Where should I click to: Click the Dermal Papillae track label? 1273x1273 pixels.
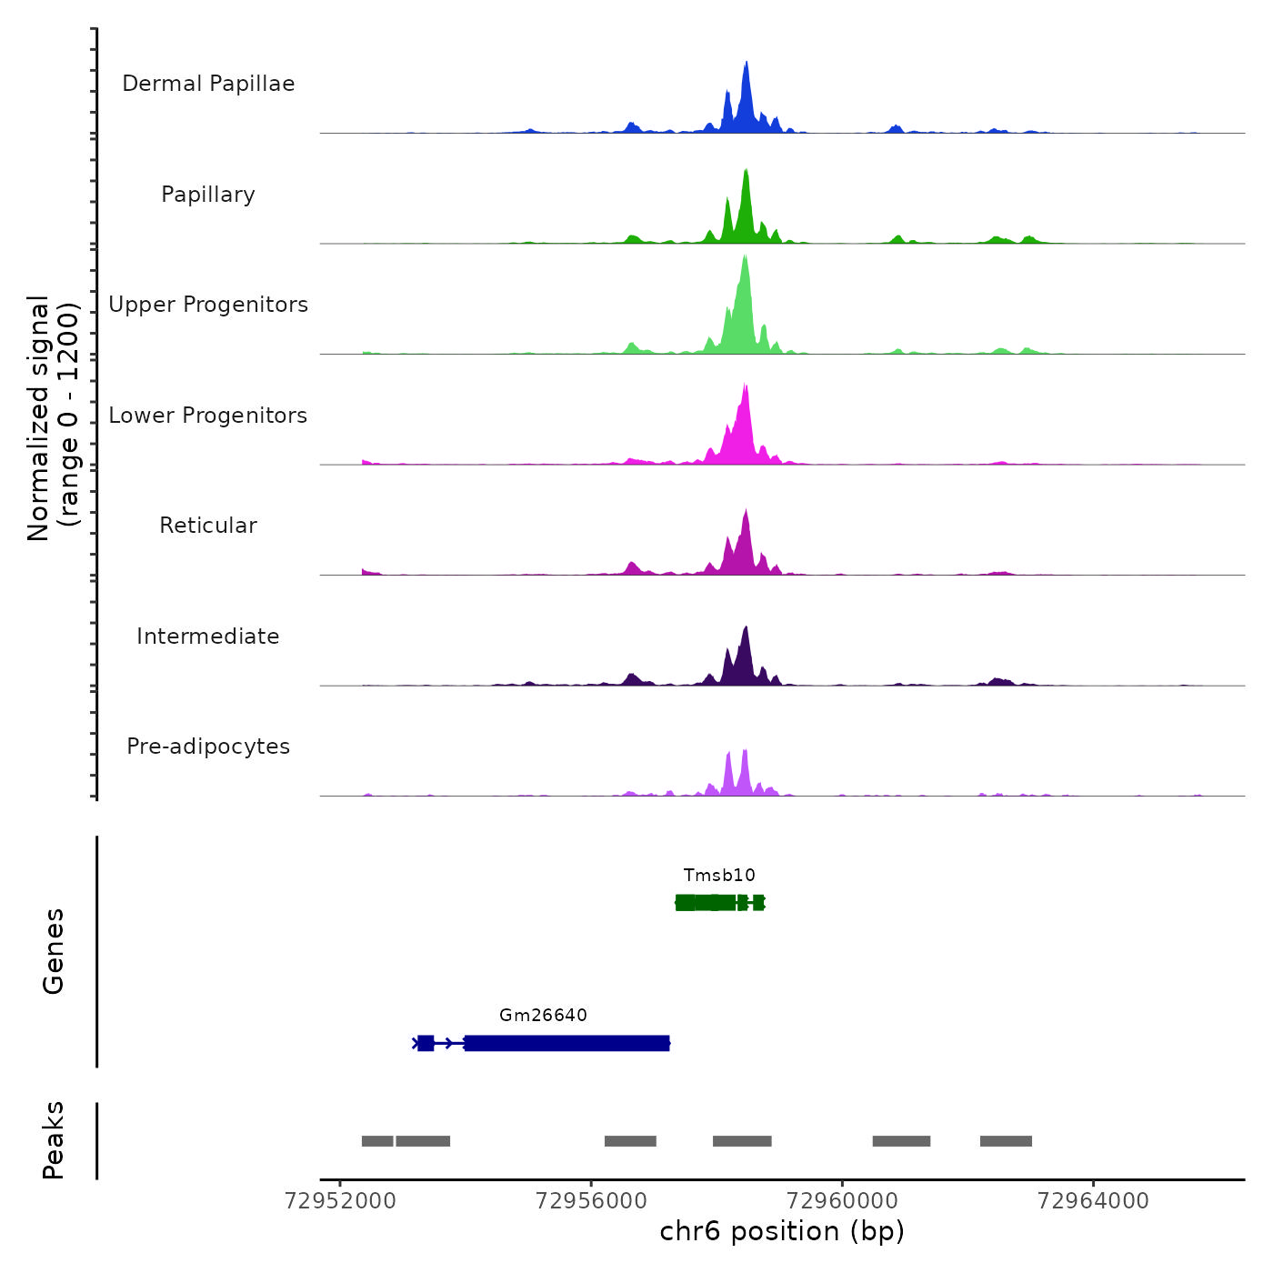click(x=208, y=84)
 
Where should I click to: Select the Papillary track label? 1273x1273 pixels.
click(x=208, y=195)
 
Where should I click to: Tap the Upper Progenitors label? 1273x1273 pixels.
click(x=208, y=305)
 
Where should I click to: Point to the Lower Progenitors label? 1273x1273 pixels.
click(x=208, y=416)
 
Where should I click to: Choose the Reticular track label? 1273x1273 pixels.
click(x=208, y=526)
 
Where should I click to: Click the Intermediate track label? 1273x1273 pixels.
click(x=208, y=636)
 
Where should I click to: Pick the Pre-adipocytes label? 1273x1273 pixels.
click(x=208, y=747)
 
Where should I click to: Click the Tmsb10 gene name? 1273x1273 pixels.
click(x=719, y=876)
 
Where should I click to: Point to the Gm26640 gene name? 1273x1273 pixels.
click(x=543, y=1016)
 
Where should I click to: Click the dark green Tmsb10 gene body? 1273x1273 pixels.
click(x=718, y=903)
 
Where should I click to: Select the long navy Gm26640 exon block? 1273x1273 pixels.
click(x=567, y=1043)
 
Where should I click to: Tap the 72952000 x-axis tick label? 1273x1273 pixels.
click(x=341, y=1201)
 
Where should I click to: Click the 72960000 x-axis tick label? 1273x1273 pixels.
click(x=842, y=1201)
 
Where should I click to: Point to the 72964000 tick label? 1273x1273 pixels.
click(x=1093, y=1201)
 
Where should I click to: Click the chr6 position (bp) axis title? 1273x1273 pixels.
click(x=782, y=1231)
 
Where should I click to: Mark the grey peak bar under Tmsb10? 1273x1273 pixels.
click(x=742, y=1141)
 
